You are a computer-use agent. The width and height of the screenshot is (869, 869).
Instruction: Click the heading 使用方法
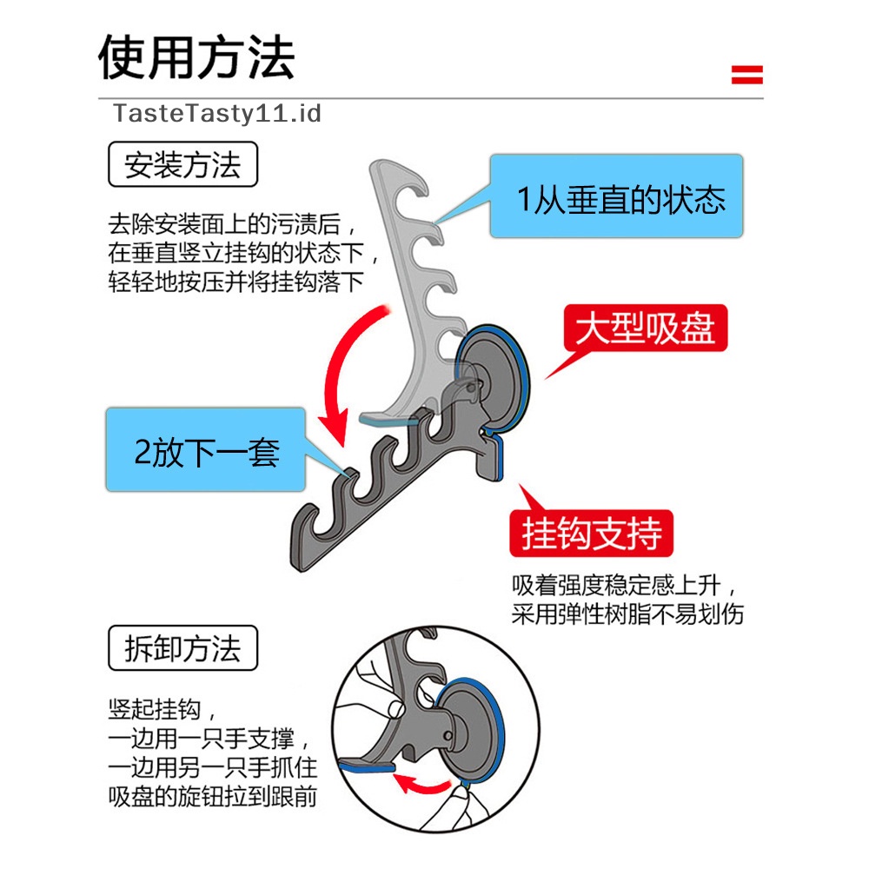point(196,57)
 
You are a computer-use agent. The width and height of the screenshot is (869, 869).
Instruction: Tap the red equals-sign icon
point(746,75)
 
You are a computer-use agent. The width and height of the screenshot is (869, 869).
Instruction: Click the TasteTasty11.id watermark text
point(217,113)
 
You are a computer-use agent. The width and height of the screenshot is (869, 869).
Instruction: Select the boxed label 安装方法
point(182,164)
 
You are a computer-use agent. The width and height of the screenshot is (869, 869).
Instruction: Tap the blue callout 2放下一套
point(207,452)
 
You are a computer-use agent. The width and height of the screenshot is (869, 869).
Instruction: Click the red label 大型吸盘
point(645,330)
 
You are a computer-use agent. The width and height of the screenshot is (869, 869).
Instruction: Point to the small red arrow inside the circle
point(421,785)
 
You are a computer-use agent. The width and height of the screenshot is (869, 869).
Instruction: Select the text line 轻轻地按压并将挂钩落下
point(235,282)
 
